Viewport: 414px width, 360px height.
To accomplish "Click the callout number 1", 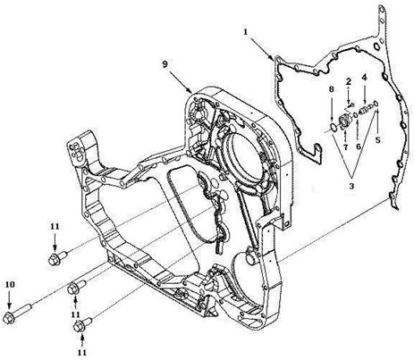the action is (246, 31).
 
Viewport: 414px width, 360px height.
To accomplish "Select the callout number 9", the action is (165, 64).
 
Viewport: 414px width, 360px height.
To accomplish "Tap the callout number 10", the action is (10, 284).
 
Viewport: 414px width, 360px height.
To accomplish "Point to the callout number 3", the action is (351, 186).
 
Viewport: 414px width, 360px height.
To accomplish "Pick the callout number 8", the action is (332, 89).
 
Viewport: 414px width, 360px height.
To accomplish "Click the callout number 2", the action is (349, 81).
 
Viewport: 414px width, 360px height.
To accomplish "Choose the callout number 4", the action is (364, 78).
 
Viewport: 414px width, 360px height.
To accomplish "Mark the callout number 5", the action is (377, 139).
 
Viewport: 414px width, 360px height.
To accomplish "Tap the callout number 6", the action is (359, 147).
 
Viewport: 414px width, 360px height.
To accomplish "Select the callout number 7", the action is (346, 147).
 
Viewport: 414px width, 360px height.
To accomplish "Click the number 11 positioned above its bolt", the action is (55, 226).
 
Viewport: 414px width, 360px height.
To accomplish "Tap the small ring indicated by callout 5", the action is (376, 104).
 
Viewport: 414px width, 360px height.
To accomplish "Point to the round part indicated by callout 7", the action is (346, 121).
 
